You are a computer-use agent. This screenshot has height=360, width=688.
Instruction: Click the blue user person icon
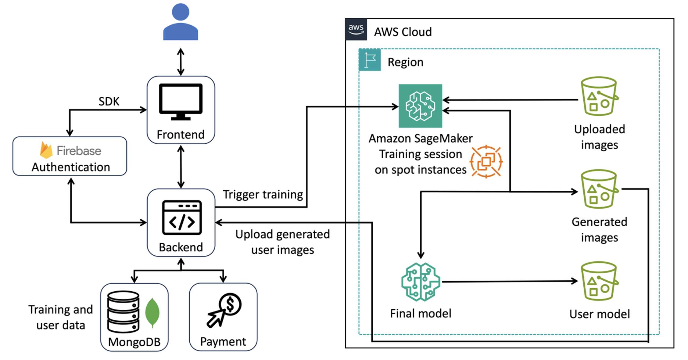181,22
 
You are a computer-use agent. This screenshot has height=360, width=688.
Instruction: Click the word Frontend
181,135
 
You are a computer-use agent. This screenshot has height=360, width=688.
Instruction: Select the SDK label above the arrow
109,101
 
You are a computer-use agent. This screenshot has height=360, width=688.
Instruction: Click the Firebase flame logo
46,150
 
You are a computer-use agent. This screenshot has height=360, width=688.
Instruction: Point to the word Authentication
71,167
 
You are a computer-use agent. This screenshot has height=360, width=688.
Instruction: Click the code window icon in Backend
182,217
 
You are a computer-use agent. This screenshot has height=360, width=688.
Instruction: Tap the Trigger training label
263,194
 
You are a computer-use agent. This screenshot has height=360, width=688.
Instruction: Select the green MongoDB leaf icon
152,313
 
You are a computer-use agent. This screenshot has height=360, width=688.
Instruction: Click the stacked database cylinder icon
123,311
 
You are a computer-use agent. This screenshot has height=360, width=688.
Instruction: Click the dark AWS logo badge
356,30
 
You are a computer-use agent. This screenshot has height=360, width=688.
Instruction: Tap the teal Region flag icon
370,60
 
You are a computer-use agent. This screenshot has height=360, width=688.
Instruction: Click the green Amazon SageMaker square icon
420,106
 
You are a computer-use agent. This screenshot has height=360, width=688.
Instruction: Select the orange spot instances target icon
486,162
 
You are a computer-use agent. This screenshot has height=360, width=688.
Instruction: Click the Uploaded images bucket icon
599,96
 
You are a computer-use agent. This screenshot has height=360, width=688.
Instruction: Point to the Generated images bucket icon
599,189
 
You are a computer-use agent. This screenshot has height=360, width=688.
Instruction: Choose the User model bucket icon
599,281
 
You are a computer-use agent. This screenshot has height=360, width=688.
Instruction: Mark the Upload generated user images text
282,242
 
